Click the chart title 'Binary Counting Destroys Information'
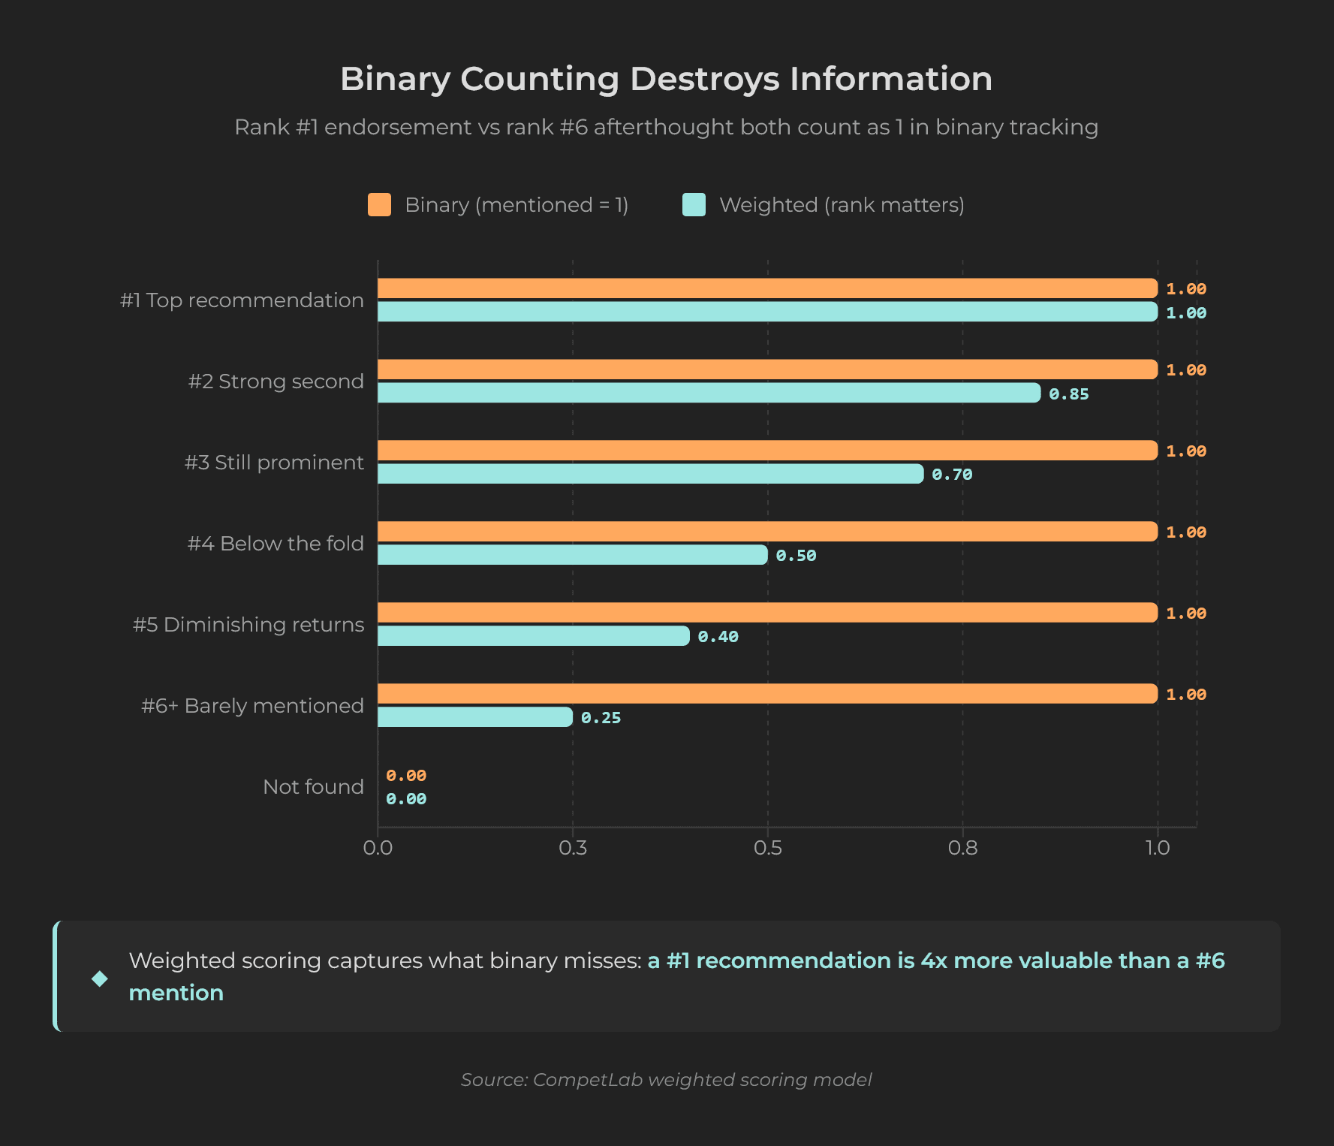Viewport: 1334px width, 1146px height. click(666, 79)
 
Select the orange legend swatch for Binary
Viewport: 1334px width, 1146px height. click(379, 205)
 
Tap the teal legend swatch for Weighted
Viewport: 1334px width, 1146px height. click(694, 205)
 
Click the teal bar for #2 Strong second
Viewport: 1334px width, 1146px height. click(708, 393)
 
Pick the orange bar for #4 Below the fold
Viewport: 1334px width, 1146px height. click(766, 532)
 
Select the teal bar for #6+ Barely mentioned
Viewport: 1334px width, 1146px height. click(474, 717)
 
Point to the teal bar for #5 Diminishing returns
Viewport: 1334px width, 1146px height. click(533, 636)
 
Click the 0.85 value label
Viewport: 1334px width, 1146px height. click(1068, 394)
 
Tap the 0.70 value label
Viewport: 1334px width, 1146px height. click(951, 475)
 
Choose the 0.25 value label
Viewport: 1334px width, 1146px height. click(601, 718)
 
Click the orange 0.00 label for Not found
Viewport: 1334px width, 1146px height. click(406, 776)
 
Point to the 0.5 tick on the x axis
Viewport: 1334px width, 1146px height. click(767, 848)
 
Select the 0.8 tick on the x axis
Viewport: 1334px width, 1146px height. click(962, 848)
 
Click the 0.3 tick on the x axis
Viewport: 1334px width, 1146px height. click(573, 848)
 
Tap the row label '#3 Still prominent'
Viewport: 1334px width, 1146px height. click(274, 463)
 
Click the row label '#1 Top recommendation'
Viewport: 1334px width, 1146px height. click(242, 300)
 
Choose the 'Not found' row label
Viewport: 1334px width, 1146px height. click(313, 787)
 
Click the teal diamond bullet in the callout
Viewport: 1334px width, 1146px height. click(100, 979)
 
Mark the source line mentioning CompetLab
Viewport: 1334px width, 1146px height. click(666, 1080)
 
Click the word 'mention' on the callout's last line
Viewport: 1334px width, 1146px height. click(176, 993)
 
